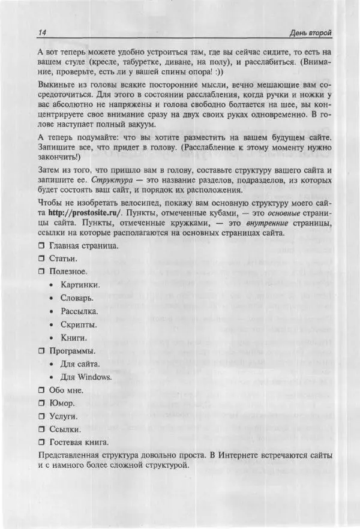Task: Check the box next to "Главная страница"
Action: point(41,246)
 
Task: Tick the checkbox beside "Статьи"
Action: point(41,259)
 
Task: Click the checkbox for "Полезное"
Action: point(41,272)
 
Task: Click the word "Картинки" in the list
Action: point(80,285)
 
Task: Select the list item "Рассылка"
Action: point(79,311)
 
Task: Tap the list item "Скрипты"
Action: point(78,324)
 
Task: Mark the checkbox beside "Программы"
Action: point(41,351)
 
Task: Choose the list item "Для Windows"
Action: point(86,377)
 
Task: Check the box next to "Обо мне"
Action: point(41,390)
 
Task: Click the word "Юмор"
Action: point(62,403)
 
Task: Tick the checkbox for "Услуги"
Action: point(41,416)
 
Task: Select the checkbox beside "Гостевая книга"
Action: point(41,443)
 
